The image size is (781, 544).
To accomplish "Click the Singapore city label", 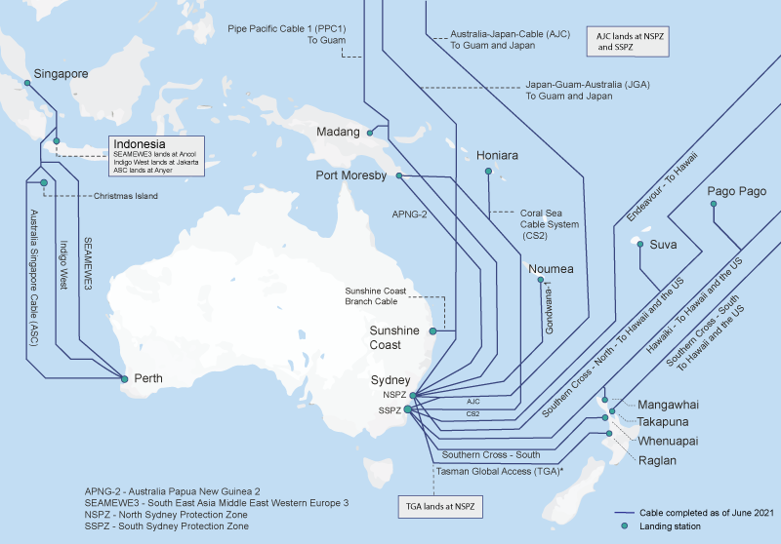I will tap(62, 73).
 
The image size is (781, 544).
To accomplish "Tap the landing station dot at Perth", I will tap(123, 376).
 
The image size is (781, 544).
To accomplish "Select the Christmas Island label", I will tap(126, 196).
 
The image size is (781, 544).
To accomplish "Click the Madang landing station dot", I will tap(369, 132).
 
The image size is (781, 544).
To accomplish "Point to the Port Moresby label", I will tap(351, 175).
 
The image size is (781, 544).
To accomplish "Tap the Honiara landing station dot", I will tap(488, 173).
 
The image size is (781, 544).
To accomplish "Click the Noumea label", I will tap(551, 269).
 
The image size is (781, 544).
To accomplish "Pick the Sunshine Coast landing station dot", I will tap(453, 331).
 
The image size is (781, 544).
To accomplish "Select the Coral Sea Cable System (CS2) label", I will tap(549, 223).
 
